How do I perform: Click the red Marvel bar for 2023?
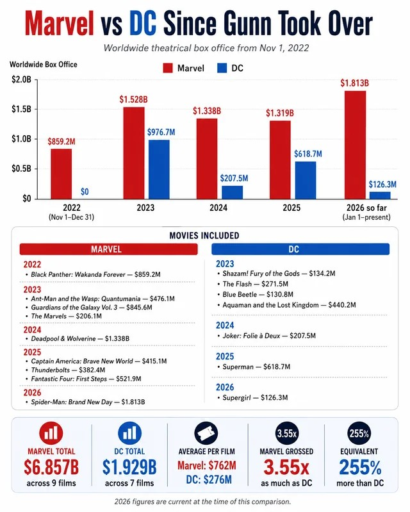point(134,153)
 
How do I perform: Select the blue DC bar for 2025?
point(305,180)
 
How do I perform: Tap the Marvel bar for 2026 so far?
point(355,145)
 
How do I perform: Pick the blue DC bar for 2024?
point(232,192)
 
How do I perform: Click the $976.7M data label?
point(161,132)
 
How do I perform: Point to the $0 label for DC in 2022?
point(85,192)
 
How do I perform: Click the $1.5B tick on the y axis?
point(22,109)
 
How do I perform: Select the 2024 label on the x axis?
point(218,208)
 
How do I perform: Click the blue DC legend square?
point(222,68)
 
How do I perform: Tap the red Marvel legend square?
point(168,68)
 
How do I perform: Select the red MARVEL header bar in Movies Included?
point(108,249)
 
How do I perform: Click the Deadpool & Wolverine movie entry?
point(80,338)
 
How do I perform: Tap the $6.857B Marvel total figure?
point(51,467)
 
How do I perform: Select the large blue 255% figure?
point(360,467)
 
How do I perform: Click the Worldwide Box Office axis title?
point(44,64)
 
